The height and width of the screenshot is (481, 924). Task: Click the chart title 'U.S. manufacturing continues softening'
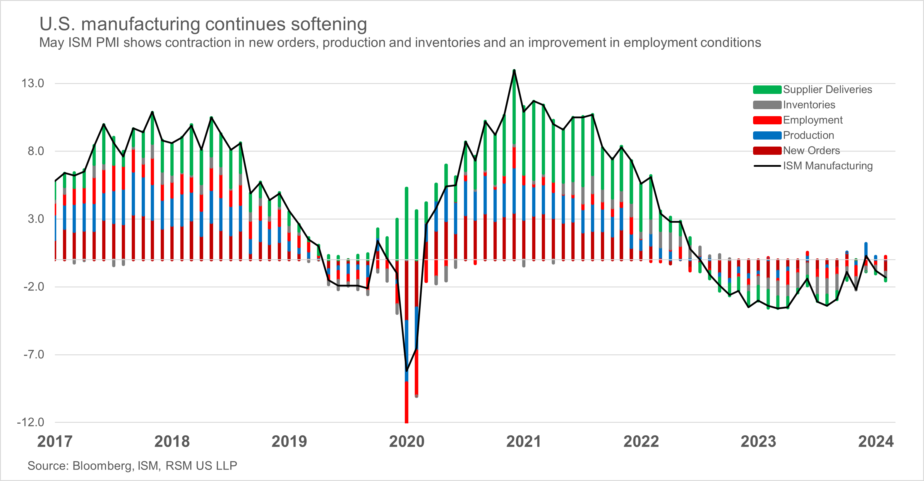[x=203, y=24]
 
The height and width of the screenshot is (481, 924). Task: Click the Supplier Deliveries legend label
[x=827, y=89]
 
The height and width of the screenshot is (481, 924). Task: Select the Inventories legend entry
[x=809, y=105]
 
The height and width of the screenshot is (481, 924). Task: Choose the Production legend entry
[x=808, y=135]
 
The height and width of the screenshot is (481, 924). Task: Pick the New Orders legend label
[x=811, y=150]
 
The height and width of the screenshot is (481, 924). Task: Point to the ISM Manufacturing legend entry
[x=827, y=166]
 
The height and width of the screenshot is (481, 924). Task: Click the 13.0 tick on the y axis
[x=33, y=83]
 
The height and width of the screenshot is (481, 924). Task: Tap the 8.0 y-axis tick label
[x=36, y=151]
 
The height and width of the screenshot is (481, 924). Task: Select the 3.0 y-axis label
[x=36, y=219]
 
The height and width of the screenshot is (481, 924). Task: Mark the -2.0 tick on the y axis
[x=34, y=287]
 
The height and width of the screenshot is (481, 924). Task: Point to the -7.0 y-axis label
[x=34, y=354]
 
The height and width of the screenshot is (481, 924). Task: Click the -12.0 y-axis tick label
[x=30, y=422]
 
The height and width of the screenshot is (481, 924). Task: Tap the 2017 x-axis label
[x=55, y=442]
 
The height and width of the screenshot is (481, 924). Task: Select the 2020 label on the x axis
[x=407, y=442]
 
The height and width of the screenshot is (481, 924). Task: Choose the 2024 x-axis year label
[x=876, y=442]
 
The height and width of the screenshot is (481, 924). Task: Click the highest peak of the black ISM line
[x=514, y=71]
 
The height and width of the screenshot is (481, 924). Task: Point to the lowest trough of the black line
[x=407, y=370]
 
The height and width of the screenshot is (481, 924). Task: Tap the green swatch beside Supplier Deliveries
[x=767, y=90]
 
